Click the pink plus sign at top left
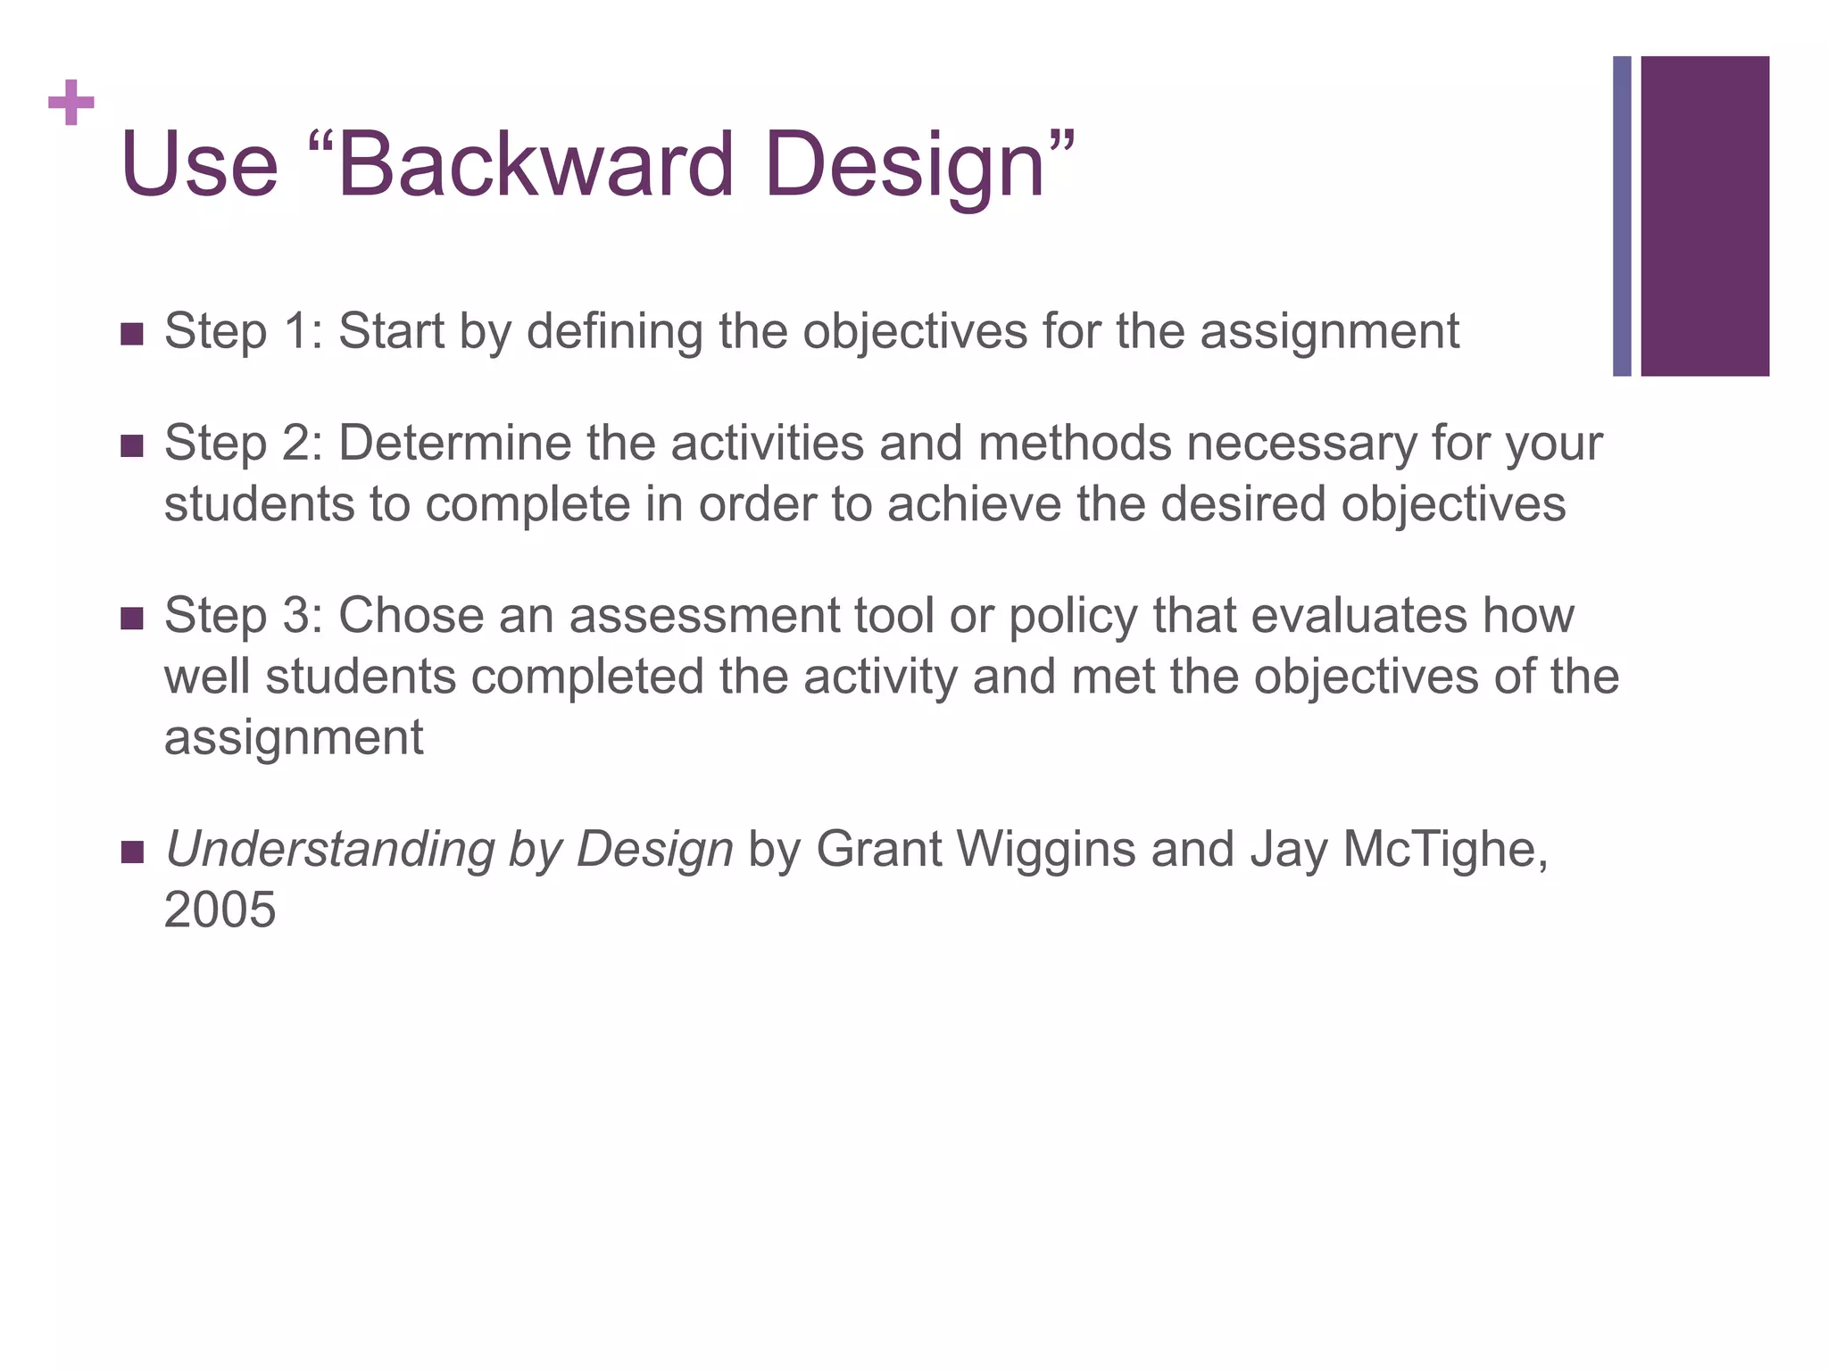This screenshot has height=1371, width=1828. pyautogui.click(x=71, y=103)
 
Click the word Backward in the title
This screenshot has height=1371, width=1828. pyautogui.click(x=536, y=164)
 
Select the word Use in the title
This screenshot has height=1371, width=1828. pyautogui.click(x=199, y=164)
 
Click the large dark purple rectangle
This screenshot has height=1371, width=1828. pyautogui.click(x=1704, y=216)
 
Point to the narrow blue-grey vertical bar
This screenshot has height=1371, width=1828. pyautogui.click(x=1622, y=216)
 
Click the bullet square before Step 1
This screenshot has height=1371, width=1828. pyautogui.click(x=131, y=335)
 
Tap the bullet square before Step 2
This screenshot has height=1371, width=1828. pyautogui.click(x=131, y=446)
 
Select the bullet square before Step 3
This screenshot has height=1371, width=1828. pyautogui.click(x=131, y=619)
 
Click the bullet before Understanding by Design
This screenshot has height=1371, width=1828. pyautogui.click(x=131, y=852)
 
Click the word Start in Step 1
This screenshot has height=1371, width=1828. pyautogui.click(x=391, y=331)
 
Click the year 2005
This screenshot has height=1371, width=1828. pyautogui.click(x=220, y=910)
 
